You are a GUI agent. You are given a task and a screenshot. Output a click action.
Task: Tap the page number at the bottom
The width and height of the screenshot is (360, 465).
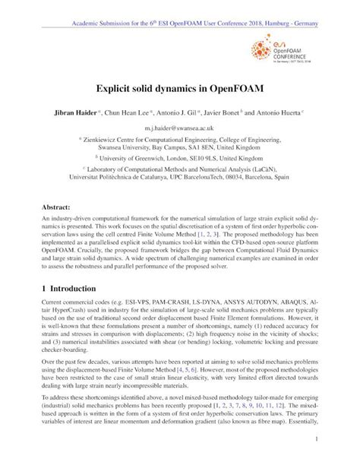point(314,439)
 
